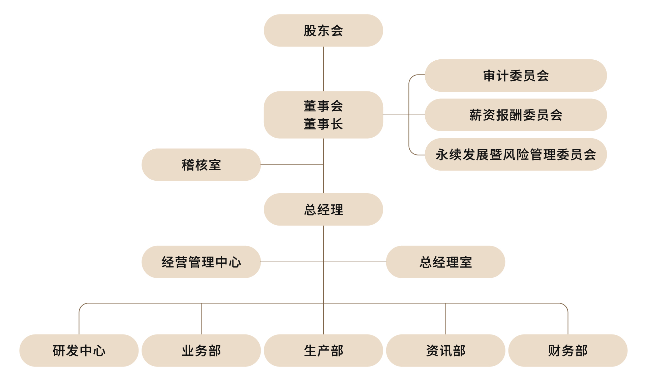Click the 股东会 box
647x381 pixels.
point(323,30)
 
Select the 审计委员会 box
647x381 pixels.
point(516,76)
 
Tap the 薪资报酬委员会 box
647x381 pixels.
point(516,115)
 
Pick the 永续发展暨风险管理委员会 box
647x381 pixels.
point(516,154)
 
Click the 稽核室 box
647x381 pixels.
point(201,165)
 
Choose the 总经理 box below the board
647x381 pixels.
point(323,209)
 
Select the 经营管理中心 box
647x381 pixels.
point(201,262)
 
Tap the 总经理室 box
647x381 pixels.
point(445,262)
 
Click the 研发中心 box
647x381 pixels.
point(79,351)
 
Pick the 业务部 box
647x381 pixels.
point(201,351)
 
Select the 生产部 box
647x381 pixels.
point(323,351)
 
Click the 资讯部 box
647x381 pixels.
point(445,351)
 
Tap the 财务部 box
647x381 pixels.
point(568,351)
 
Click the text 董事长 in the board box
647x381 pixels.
point(323,124)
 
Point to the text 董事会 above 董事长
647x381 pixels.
point(323,106)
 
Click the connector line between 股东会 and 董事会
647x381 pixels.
point(323,69)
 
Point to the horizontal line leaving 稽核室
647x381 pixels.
point(292,165)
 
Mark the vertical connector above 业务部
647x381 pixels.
point(201,319)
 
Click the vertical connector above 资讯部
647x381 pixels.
point(446,319)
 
